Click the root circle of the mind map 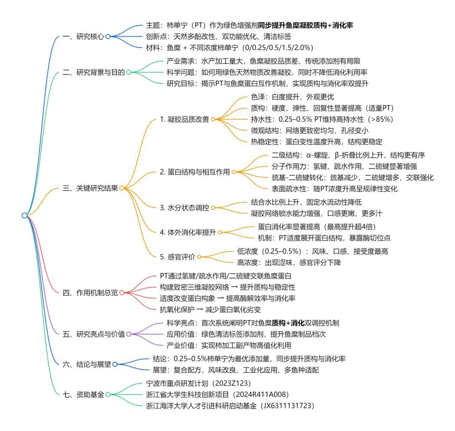pos(24,215)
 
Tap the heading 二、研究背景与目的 pos(93,72)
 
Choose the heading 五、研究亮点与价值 pos(93,334)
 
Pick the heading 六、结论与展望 pos(86,365)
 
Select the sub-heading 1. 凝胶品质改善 pos(184,119)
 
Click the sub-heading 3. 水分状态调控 pos(184,208)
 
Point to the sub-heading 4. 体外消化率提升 pos(187,232)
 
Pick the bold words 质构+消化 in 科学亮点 pos(288,323)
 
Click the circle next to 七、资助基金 pos(108,394)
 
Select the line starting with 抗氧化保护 pos(211,309)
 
